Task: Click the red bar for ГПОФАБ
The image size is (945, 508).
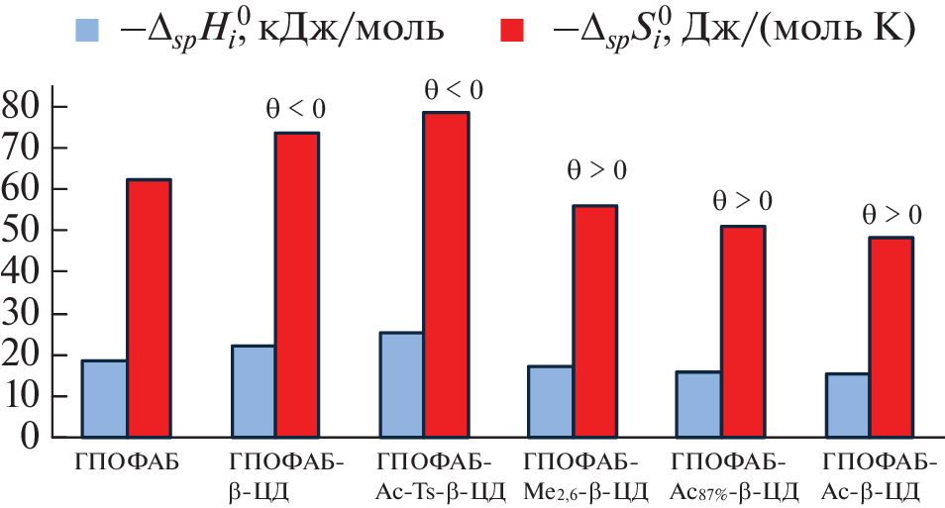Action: click(148, 308)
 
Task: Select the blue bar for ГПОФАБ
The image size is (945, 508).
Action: click(104, 398)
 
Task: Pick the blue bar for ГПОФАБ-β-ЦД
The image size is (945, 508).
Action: click(253, 391)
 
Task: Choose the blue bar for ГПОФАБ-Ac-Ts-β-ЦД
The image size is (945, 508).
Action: click(401, 384)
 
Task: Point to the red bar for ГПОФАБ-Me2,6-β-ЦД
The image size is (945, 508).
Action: click(594, 321)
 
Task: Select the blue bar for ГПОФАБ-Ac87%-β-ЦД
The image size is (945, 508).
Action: click(698, 404)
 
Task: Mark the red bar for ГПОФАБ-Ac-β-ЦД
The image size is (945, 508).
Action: click(891, 337)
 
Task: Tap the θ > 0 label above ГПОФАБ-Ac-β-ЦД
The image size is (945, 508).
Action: click(892, 214)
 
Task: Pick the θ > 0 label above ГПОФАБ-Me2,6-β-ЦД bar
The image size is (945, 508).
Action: click(595, 169)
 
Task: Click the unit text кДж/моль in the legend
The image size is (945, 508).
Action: click(353, 32)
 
